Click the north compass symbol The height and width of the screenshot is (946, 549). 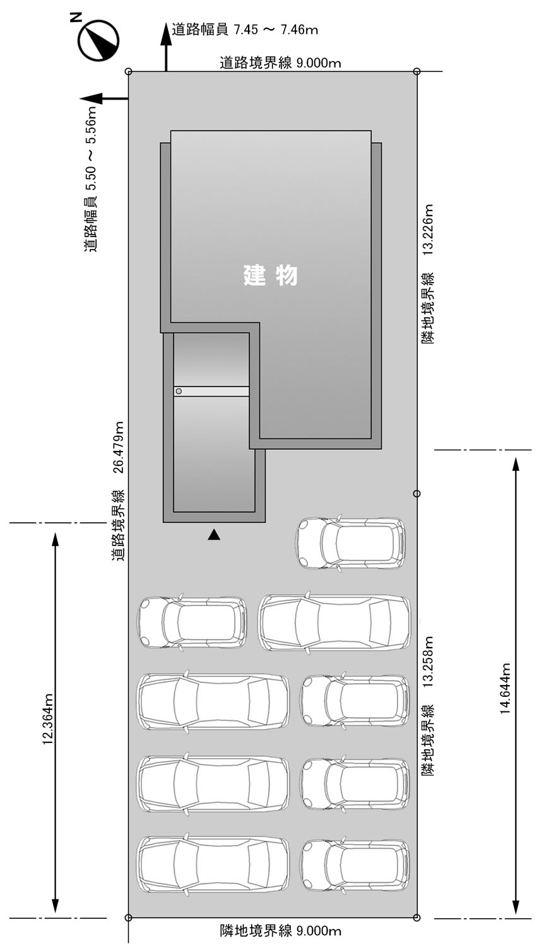pyautogui.click(x=98, y=40)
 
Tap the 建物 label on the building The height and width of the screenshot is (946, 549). pyautogui.click(x=270, y=276)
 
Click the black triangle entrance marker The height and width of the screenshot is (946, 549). pyautogui.click(x=214, y=535)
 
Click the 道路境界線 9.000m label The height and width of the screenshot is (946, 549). pyautogui.click(x=280, y=62)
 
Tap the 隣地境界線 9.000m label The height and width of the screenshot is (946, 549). pyautogui.click(x=280, y=931)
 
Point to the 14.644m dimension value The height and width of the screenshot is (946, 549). pyautogui.click(x=505, y=688)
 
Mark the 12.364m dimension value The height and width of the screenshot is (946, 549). pyautogui.click(x=47, y=720)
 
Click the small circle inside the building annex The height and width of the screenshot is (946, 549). pyautogui.click(x=179, y=392)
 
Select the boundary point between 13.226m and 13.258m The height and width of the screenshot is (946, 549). pyautogui.click(x=416, y=493)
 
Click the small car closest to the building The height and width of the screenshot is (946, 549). pyautogui.click(x=351, y=544)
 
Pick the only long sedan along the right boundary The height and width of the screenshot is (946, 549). pyautogui.click(x=334, y=622)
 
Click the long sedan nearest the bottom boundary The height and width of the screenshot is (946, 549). pyautogui.click(x=213, y=864)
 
